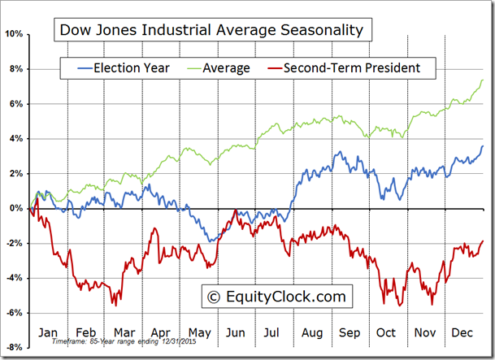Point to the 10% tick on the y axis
[14, 34]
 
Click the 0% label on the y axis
[16, 208]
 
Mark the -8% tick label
[15, 347]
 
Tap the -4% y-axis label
[15, 278]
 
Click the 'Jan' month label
[48, 333]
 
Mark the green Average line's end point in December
[484, 80]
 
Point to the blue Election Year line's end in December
[484, 146]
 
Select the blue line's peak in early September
[337, 152]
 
